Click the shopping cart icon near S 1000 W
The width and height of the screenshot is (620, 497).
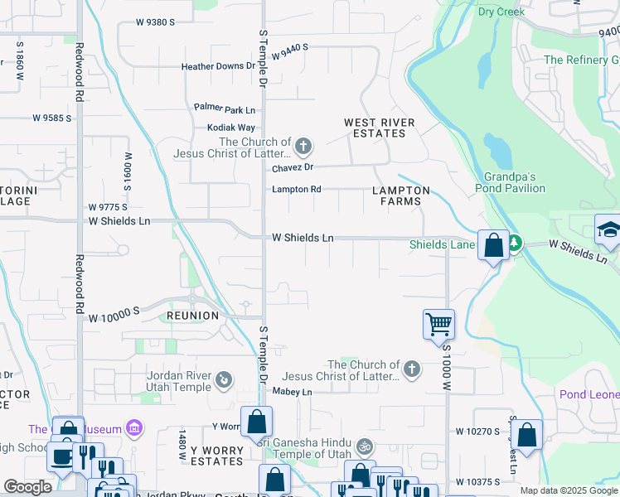point(438,323)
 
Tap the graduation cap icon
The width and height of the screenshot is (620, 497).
point(608,229)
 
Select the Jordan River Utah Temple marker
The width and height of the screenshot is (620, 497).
point(222,380)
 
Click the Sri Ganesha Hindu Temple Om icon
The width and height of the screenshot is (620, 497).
point(361,447)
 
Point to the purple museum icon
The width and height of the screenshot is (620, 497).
point(134,429)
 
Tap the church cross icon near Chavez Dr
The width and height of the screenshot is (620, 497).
point(303,147)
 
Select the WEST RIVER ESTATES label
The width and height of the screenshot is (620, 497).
point(380,128)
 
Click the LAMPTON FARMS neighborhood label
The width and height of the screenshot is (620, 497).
point(401,195)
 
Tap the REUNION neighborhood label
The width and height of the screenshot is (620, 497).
point(192,316)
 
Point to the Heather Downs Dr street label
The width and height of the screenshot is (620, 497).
point(219,66)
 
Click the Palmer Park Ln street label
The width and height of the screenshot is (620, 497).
point(225,109)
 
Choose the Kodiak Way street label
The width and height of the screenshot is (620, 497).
point(235,128)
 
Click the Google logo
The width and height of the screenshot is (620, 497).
point(27,487)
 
